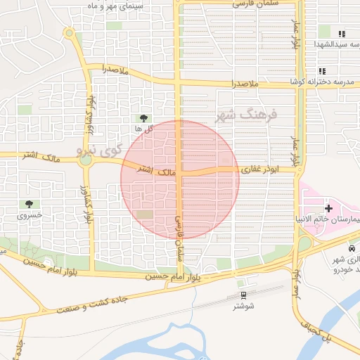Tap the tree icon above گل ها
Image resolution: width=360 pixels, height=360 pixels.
144,117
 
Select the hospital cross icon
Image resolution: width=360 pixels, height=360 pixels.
328,208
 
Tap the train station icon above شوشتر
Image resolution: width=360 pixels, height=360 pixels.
243,295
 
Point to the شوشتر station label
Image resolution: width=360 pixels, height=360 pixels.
243,307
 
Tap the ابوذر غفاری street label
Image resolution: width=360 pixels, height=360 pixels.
261,169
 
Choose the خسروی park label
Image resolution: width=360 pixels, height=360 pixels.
30,214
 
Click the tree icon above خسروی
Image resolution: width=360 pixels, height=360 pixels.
29,203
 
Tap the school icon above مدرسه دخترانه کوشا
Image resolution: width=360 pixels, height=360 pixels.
322,71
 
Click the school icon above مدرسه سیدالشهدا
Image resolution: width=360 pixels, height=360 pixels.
342,33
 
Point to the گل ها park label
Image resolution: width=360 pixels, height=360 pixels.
144,129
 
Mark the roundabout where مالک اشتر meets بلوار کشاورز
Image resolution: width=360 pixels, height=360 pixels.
86,160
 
